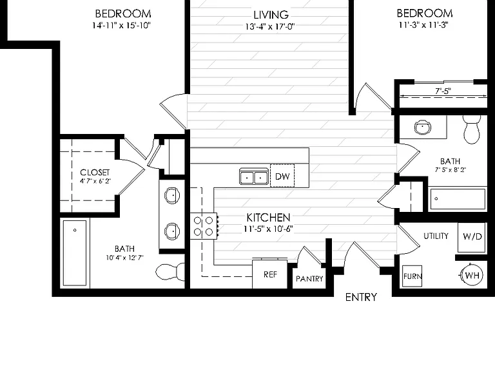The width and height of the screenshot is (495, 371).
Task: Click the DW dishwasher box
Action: tap(282, 176)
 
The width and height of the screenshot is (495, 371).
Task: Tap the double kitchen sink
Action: tap(254, 176)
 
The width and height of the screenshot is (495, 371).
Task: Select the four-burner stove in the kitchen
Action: tap(204, 226)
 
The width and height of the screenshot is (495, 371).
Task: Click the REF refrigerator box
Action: tap(270, 274)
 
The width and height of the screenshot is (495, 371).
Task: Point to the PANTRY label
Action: tap(309, 279)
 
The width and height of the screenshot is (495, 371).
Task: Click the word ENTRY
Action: tap(361, 297)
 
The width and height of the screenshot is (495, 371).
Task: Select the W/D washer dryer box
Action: tap(472, 237)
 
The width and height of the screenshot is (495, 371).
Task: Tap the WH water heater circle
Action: tap(472, 276)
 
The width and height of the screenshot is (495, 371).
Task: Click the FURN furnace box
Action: tap(412, 276)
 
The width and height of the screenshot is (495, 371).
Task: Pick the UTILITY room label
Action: tap(436, 236)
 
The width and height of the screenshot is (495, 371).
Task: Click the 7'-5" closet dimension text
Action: tap(443, 91)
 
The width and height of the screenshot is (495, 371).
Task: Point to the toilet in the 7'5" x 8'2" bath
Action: tap(472, 129)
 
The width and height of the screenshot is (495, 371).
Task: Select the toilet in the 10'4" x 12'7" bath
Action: tap(170, 272)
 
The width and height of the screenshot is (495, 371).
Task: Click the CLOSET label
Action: tap(95, 173)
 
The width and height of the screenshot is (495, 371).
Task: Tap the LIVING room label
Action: tap(271, 15)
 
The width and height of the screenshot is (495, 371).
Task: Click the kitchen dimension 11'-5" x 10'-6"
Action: tap(269, 229)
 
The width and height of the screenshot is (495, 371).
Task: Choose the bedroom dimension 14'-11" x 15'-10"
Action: tap(122, 26)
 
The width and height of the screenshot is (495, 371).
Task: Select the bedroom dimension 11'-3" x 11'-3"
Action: tap(423, 25)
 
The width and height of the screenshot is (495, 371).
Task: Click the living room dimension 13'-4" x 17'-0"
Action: tap(270, 26)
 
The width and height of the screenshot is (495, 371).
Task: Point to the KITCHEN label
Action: tap(268, 218)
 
